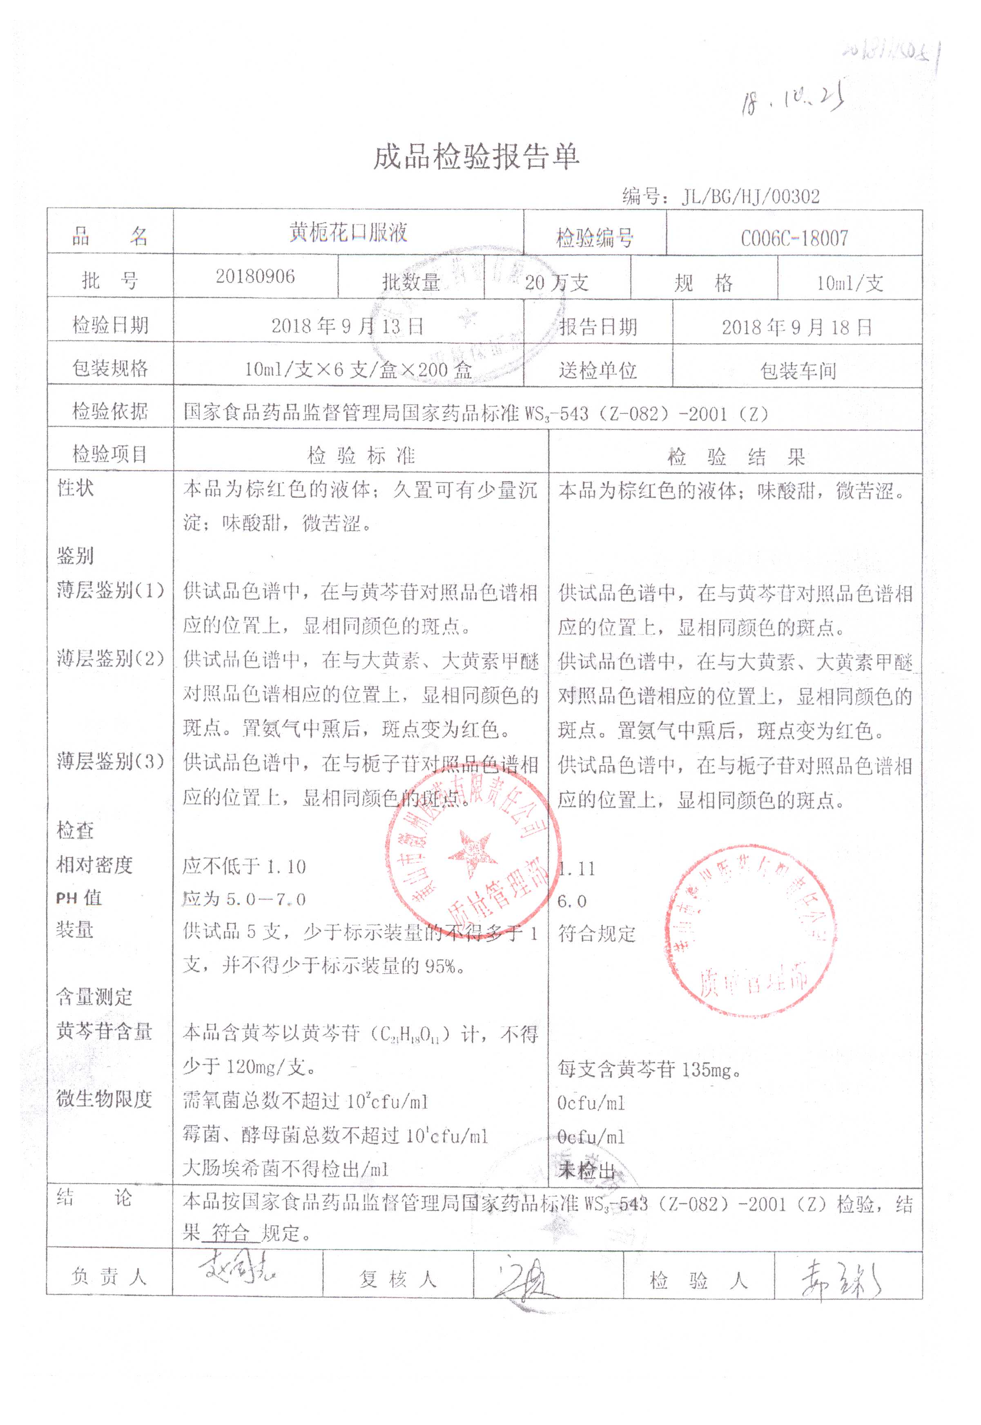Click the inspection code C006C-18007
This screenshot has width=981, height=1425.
pyautogui.click(x=794, y=238)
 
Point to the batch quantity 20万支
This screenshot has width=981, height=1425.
pyautogui.click(x=557, y=282)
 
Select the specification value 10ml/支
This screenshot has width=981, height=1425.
pyautogui.click(x=849, y=283)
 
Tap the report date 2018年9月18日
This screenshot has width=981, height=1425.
pyautogui.click(x=796, y=327)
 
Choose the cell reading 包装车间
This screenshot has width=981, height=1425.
pyautogui.click(x=798, y=371)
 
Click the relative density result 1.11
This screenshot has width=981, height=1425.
pyautogui.click(x=577, y=869)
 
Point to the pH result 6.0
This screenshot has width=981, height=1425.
pyautogui.click(x=572, y=901)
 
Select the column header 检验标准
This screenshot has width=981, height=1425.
pyautogui.click(x=361, y=456)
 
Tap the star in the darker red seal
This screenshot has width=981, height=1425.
pyautogui.click(x=471, y=853)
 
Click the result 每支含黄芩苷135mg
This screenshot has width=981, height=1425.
pyautogui.click(x=649, y=1070)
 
